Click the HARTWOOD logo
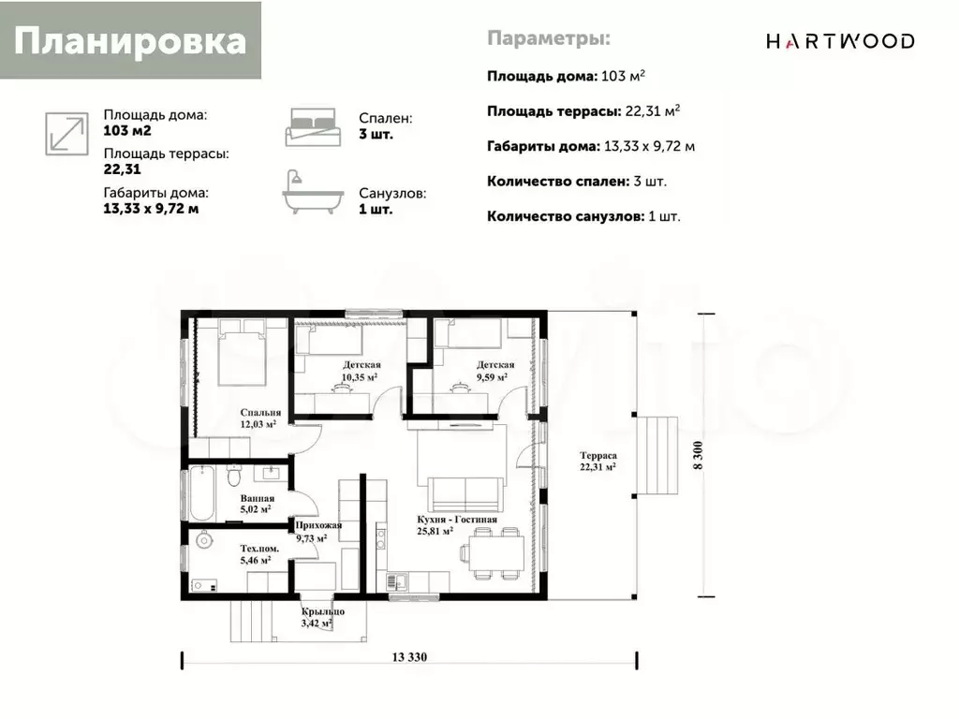840,41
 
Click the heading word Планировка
130,41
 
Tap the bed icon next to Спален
313,127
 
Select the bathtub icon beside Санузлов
313,192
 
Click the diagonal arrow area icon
66,134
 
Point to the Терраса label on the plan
598,461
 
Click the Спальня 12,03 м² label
260,418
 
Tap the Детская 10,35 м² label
361,371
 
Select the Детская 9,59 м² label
494,371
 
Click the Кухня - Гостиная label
457,525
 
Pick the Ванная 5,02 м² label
257,504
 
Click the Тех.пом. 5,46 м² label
259,554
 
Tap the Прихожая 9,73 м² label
318,532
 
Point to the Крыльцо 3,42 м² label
322,618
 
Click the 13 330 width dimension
409,657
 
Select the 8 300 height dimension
698,456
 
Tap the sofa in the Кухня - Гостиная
466,494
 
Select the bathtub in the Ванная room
202,493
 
